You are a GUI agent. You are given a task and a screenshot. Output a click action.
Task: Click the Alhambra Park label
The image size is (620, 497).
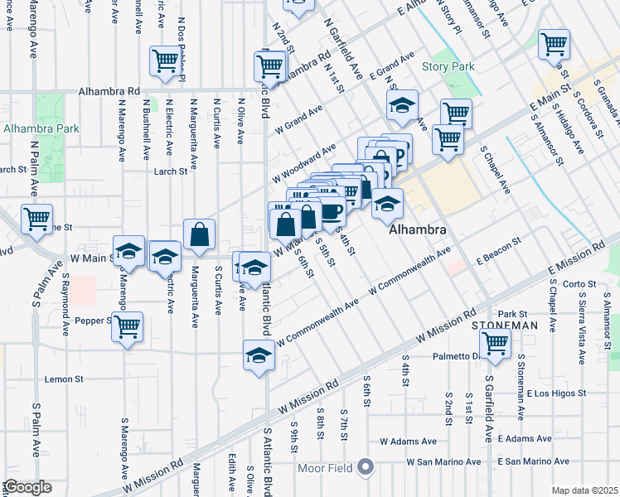coord(41,128)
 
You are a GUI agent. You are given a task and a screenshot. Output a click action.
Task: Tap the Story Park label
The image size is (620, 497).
coord(448,66)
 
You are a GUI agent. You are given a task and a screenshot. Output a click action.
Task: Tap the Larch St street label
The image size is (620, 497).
coord(170,171)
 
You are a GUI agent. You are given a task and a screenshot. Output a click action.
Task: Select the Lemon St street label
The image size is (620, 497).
coord(62,379)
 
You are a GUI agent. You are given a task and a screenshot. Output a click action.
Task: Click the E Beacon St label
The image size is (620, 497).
coord(497,252)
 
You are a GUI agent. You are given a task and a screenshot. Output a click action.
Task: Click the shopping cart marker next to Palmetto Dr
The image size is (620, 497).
coord(495,343)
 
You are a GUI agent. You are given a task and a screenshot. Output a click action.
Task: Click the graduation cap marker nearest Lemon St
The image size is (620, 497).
coord(259,355)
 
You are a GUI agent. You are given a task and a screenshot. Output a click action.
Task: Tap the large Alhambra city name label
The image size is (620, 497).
coord(419,229)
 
